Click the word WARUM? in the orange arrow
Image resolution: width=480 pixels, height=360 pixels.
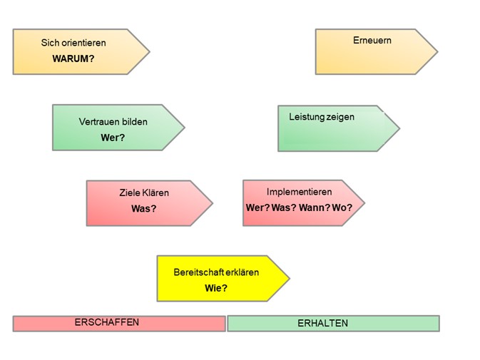click(x=73, y=59)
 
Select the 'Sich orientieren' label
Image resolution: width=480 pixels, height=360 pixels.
click(x=73, y=43)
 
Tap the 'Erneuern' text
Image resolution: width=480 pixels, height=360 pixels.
click(x=372, y=41)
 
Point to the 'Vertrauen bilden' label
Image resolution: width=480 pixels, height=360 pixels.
click(x=113, y=122)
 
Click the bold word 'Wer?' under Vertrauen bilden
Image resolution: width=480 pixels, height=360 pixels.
click(x=113, y=138)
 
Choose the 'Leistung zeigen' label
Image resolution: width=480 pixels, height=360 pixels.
click(x=322, y=117)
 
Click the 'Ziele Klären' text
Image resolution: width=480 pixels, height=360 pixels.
click(x=144, y=192)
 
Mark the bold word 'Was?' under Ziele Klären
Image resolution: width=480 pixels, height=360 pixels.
click(x=144, y=209)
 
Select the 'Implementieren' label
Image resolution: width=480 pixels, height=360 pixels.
click(x=300, y=192)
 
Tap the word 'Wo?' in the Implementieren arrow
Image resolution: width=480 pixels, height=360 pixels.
click(x=341, y=207)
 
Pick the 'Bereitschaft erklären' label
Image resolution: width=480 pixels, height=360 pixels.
click(x=216, y=272)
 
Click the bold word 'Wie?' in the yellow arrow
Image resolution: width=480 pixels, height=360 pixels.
click(x=216, y=288)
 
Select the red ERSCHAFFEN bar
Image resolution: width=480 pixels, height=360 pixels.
click(x=118, y=324)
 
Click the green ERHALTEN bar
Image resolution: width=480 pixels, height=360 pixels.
click(x=333, y=324)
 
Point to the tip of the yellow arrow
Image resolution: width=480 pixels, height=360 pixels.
click(x=289, y=279)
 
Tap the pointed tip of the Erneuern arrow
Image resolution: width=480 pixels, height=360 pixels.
click(x=436, y=51)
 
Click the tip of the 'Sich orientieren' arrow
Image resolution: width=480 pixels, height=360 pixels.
click(x=149, y=51)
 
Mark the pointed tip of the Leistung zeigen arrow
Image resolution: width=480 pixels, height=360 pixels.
click(x=399, y=128)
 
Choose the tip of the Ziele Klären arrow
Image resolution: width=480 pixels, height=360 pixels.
click(x=212, y=203)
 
